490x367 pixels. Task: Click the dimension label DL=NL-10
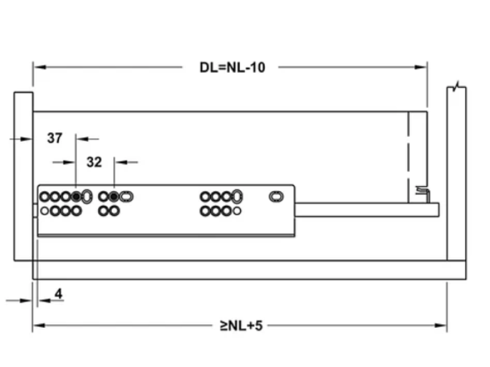tap(232, 67)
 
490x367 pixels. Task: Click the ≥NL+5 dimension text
tap(241, 325)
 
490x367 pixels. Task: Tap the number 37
tap(55, 138)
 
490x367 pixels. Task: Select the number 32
tap(94, 162)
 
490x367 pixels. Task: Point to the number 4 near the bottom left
tap(58, 294)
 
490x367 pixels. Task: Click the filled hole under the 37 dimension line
tap(76, 196)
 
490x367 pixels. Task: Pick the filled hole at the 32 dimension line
tap(114, 196)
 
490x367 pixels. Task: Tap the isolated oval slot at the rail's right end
tap(276, 196)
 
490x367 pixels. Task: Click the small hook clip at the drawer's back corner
tap(422, 192)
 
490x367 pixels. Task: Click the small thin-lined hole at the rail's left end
tap(45, 211)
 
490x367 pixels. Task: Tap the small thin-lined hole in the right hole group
tap(237, 211)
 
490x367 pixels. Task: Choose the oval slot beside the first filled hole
tap(87, 196)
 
